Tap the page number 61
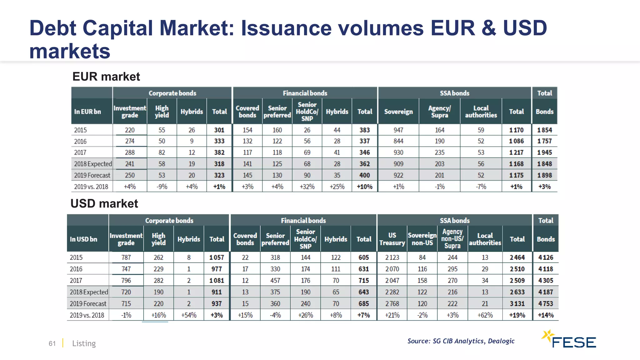click(x=52, y=343)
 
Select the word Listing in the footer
click(x=84, y=343)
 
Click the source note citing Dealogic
click(x=461, y=341)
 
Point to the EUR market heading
click(x=106, y=77)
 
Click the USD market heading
click(x=104, y=204)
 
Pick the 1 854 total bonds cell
click(x=544, y=130)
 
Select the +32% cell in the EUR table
click(x=307, y=187)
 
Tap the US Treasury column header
click(x=392, y=239)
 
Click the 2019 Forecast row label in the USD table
click(x=88, y=303)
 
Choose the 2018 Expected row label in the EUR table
click(x=92, y=164)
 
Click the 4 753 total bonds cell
click(x=545, y=303)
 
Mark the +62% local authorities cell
click(x=485, y=315)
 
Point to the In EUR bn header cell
click(x=87, y=112)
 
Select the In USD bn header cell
click(x=83, y=239)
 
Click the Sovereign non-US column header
click(x=422, y=239)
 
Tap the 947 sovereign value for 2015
click(x=398, y=130)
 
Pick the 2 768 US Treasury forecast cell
click(x=392, y=303)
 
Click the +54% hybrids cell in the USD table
click(x=189, y=315)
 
